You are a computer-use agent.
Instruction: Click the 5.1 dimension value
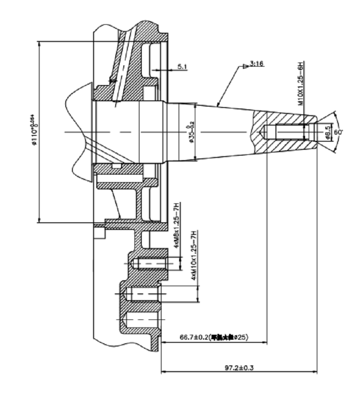(182, 67)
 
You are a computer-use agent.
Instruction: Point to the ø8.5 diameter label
(328, 132)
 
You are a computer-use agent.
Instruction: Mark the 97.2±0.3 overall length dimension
(239, 368)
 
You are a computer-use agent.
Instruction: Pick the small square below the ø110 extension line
(99, 233)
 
